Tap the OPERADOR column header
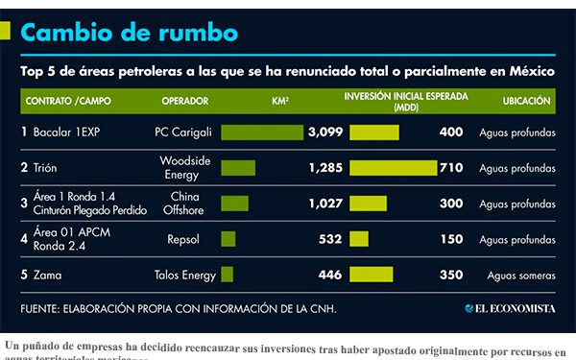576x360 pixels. pos(185,100)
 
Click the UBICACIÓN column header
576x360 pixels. pos(526,100)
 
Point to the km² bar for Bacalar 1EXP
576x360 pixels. pos(262,132)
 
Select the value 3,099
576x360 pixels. pos(324,132)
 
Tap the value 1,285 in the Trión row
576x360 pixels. pos(324,168)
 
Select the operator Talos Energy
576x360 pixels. pos(183,275)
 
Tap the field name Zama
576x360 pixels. pos(47,275)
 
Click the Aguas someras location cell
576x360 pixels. pos(521,275)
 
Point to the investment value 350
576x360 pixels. pos(450,275)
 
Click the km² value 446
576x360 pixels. pos(329,275)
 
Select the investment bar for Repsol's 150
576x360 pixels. pos(359,238)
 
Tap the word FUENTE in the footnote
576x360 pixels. pos(43,308)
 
